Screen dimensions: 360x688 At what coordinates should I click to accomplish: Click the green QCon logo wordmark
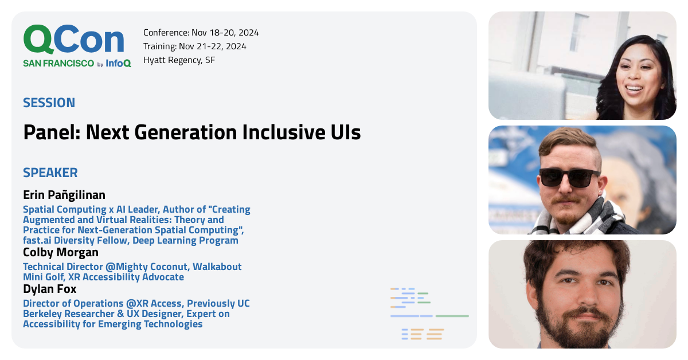(x=73, y=40)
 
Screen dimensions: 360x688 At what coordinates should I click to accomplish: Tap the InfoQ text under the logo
(x=118, y=64)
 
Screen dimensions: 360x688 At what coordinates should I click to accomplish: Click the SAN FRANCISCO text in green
(x=58, y=64)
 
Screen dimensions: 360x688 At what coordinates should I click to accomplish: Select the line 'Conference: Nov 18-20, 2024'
(x=201, y=33)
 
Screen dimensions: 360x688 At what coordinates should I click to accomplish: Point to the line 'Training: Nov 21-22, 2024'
(x=194, y=46)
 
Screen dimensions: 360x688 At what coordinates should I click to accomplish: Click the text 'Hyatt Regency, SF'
(x=179, y=60)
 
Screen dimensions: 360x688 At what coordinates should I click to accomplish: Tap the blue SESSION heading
(x=49, y=103)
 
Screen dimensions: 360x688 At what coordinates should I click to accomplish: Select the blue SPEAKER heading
(x=50, y=173)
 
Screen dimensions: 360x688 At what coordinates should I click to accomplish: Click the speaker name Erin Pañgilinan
(x=64, y=194)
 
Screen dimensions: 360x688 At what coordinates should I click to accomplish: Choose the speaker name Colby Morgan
(x=60, y=252)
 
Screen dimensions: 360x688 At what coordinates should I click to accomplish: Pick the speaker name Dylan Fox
(x=49, y=289)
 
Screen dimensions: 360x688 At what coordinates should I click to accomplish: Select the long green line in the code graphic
(x=452, y=316)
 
